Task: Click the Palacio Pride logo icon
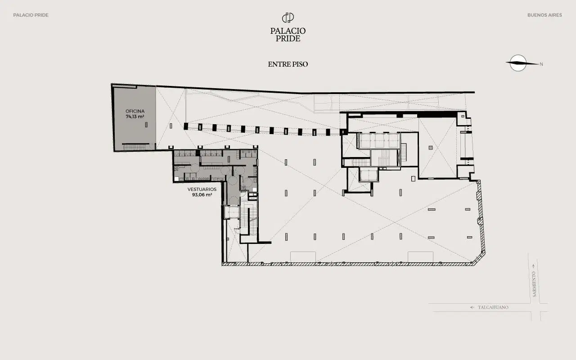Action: [288, 18]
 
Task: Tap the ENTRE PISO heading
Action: [288, 64]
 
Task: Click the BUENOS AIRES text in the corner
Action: [544, 15]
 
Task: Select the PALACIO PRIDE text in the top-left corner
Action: [31, 15]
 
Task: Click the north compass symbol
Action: [518, 63]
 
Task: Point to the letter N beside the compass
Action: [541, 64]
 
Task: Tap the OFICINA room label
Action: [135, 111]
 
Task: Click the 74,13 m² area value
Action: [135, 117]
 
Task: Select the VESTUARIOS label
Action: [202, 189]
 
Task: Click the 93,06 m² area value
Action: [202, 195]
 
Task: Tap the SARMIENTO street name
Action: [534, 284]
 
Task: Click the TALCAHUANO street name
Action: [493, 307]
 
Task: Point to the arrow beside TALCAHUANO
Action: [472, 307]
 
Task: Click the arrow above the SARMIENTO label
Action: [533, 266]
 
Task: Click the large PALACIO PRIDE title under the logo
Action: [288, 35]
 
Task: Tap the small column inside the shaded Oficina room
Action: [146, 125]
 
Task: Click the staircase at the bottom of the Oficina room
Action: [134, 147]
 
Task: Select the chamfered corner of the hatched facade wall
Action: [479, 258]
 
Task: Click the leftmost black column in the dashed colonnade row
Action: [186, 126]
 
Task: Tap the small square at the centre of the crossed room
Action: [431, 148]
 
